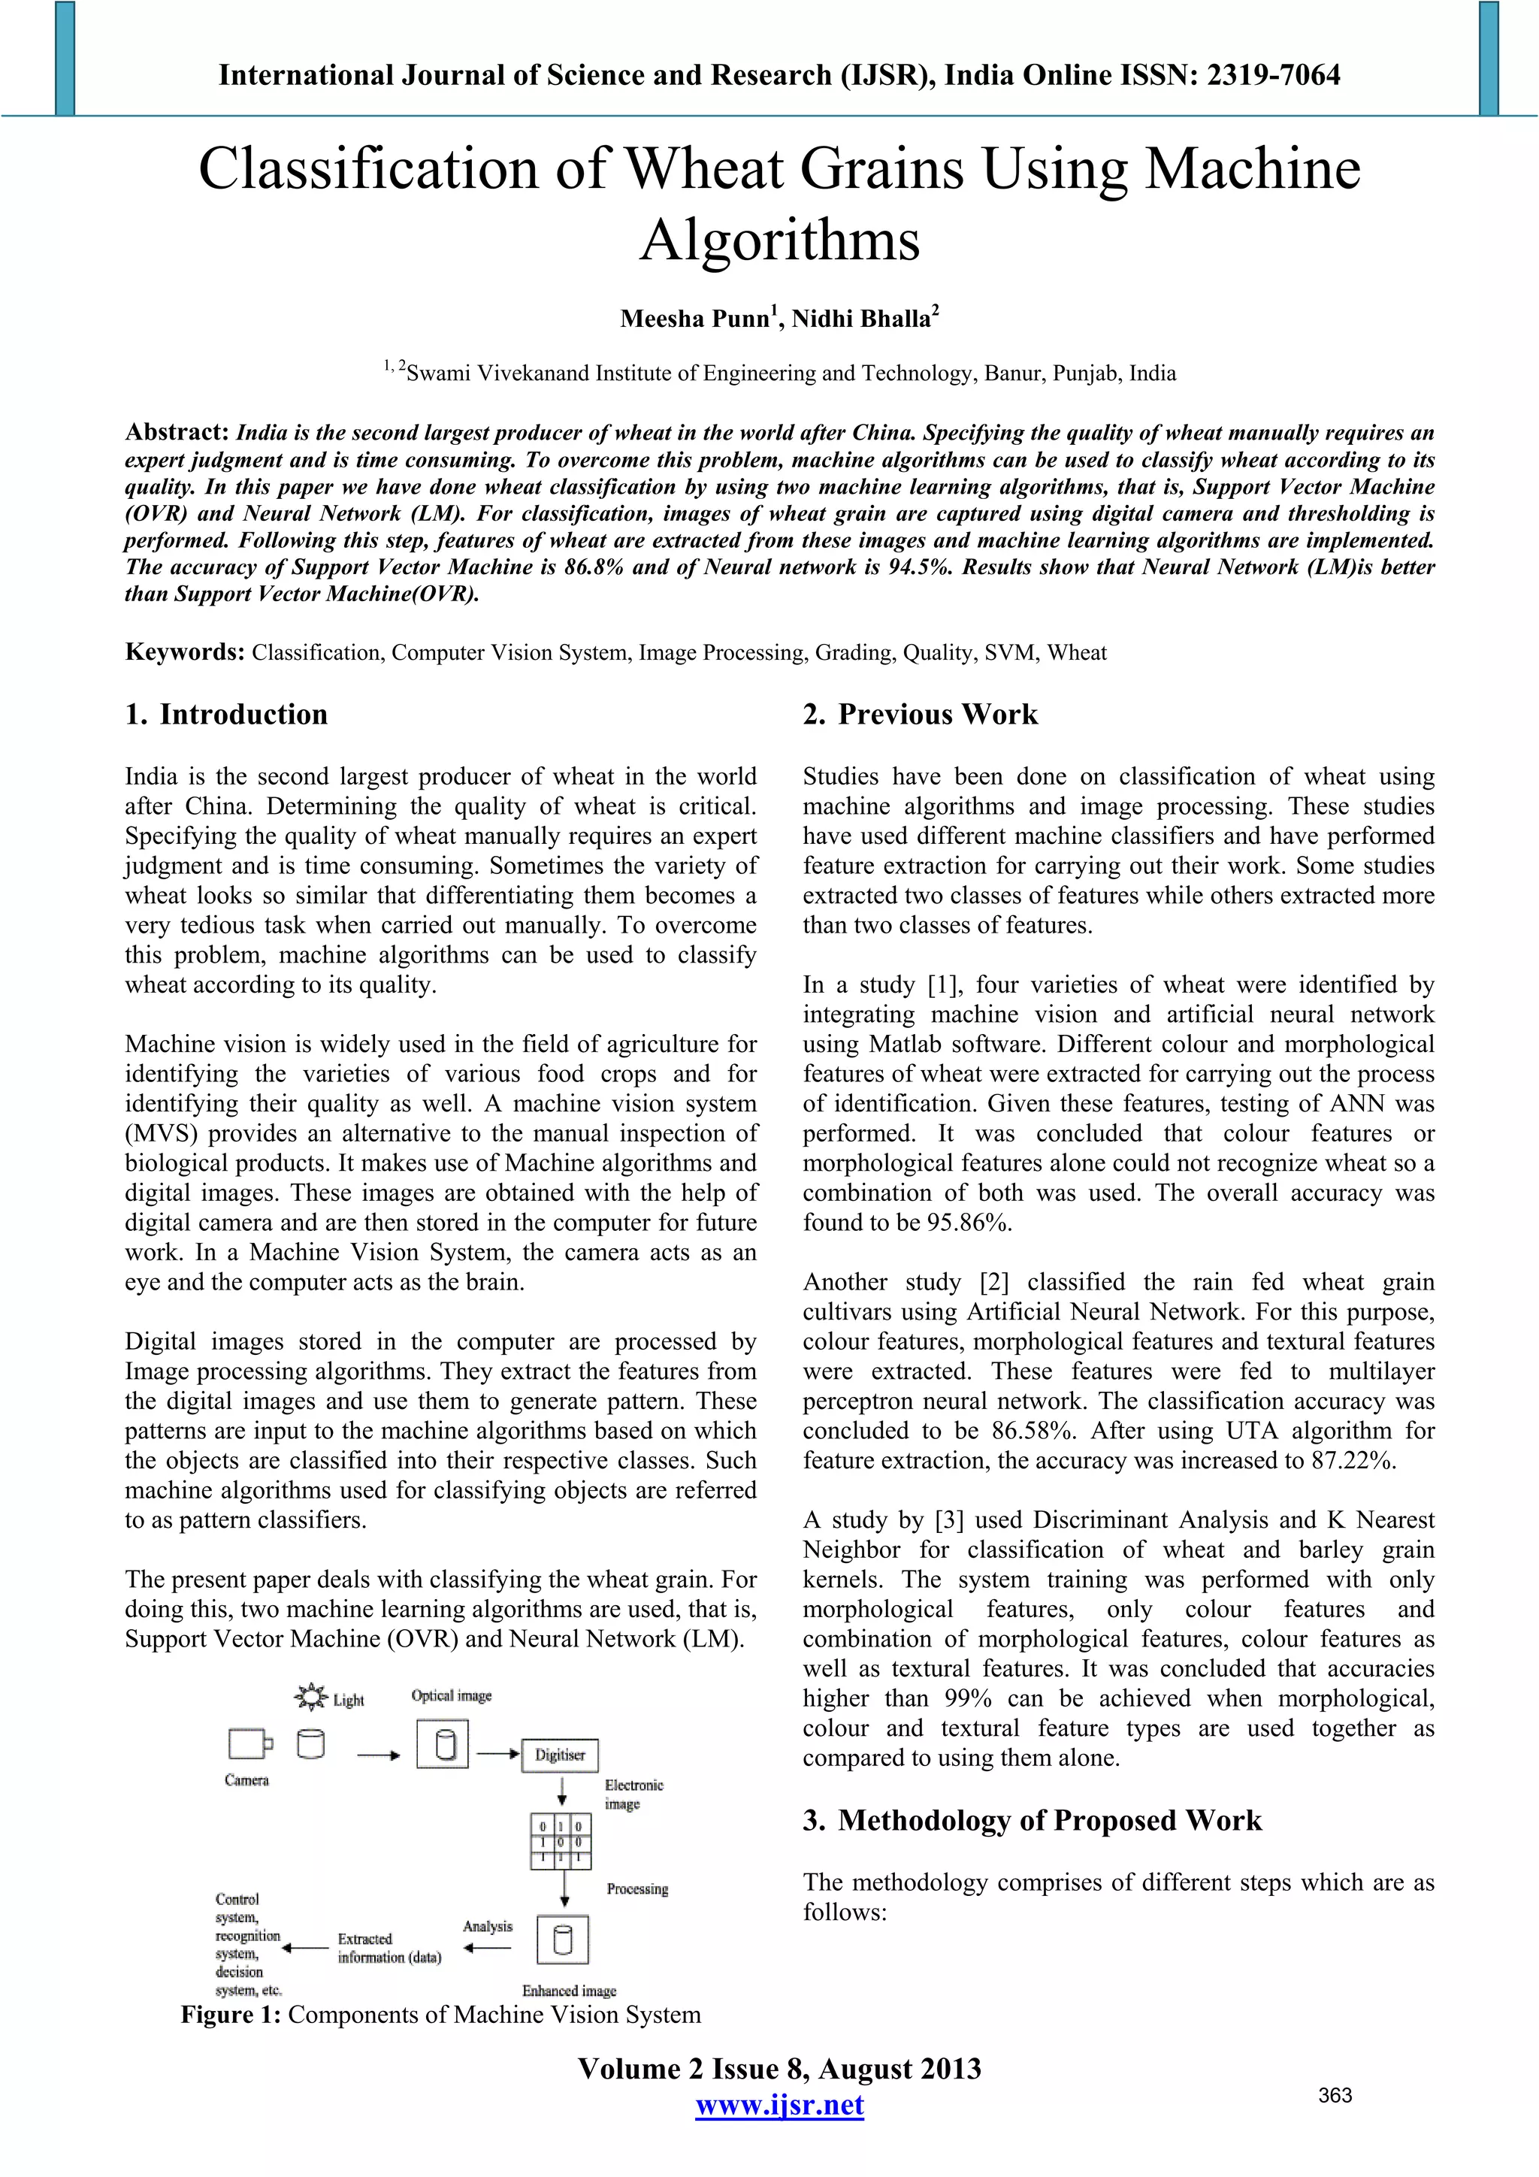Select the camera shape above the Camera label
tap(249, 1743)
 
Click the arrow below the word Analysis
tap(488, 1949)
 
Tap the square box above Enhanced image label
tap(562, 1940)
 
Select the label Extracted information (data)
tap(389, 1948)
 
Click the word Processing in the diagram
tap(637, 1888)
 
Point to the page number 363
tap(1335, 2095)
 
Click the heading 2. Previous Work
tap(920, 714)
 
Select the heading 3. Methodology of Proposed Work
tap(1032, 1821)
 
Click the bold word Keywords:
tap(185, 652)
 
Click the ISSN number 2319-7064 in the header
tap(1274, 75)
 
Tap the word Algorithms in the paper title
tap(779, 240)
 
